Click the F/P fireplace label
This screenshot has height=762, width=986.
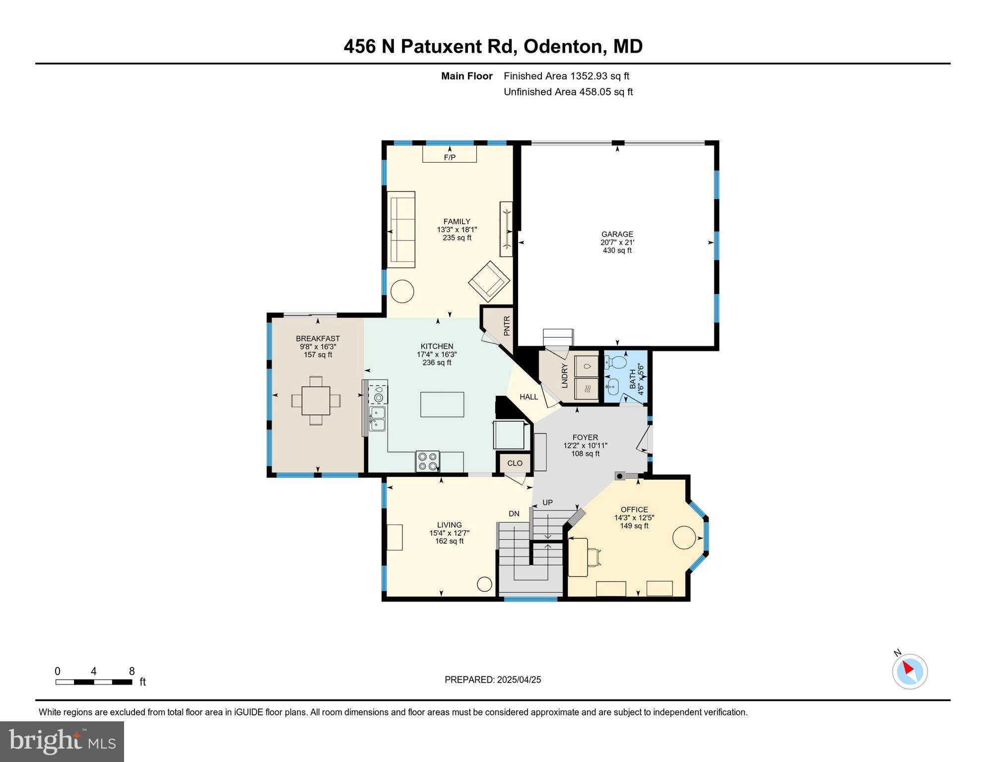pyautogui.click(x=449, y=157)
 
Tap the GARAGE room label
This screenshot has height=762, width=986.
pyautogui.click(x=617, y=234)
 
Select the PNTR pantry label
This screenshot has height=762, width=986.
pyautogui.click(x=507, y=326)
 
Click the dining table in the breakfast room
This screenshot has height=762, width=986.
pyautogui.click(x=316, y=400)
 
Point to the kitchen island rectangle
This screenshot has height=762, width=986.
pyautogui.click(x=442, y=404)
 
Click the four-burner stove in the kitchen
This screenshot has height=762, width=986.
pyautogui.click(x=427, y=461)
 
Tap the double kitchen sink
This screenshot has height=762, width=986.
pyautogui.click(x=378, y=418)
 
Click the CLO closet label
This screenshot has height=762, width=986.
pyautogui.click(x=515, y=463)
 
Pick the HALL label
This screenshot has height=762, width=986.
pyautogui.click(x=528, y=397)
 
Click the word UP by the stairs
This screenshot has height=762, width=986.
pyautogui.click(x=547, y=503)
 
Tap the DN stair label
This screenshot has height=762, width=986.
pyautogui.click(x=514, y=513)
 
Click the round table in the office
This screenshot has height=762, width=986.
pyautogui.click(x=684, y=537)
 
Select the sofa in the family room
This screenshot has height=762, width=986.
pyautogui.click(x=401, y=229)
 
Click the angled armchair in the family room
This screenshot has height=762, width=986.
pyautogui.click(x=489, y=281)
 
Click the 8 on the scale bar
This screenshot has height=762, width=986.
pyautogui.click(x=131, y=671)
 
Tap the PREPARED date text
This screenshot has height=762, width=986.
pyautogui.click(x=492, y=680)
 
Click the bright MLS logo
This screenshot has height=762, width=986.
pyautogui.click(x=62, y=741)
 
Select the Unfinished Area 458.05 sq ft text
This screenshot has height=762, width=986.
pyautogui.click(x=568, y=92)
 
